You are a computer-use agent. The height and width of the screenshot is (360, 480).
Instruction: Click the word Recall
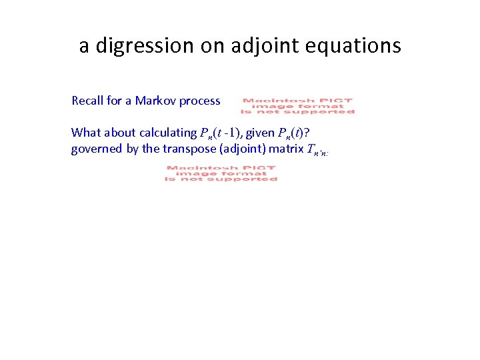(x=87, y=101)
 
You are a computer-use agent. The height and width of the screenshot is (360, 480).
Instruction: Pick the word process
(x=199, y=101)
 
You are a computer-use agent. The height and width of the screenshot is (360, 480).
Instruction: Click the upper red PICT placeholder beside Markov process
(x=297, y=106)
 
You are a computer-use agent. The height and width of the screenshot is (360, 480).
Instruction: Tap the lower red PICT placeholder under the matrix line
(x=221, y=174)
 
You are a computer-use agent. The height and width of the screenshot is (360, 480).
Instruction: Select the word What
(x=85, y=132)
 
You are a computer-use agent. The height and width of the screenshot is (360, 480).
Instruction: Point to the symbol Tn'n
(x=317, y=150)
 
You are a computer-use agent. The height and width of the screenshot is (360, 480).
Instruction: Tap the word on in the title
(x=211, y=46)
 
